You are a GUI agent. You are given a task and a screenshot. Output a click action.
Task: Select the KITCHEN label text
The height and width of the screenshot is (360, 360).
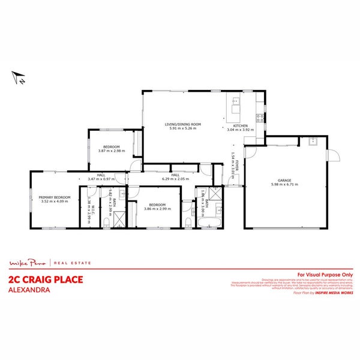241,125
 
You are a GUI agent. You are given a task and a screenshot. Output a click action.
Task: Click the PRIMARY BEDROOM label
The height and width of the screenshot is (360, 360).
55,197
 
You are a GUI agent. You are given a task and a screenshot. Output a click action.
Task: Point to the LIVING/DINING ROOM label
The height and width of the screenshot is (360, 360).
184,124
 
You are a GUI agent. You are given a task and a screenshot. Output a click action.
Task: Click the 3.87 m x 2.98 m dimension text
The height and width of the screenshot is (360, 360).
110,151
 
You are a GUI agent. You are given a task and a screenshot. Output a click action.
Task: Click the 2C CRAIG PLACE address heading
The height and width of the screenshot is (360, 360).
45,279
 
